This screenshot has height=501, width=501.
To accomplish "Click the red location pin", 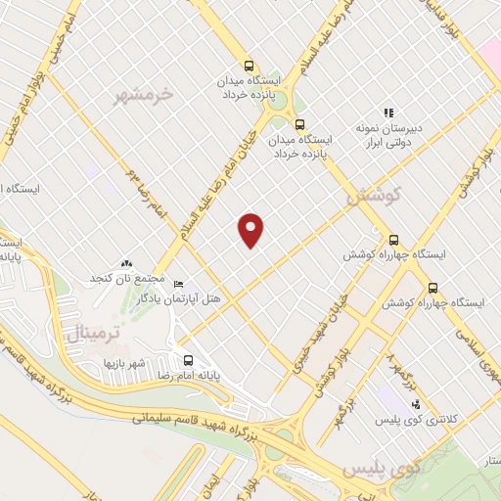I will [251, 229].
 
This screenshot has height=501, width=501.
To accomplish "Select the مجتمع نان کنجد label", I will [125, 279].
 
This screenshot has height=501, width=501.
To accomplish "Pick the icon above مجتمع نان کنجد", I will [125, 263].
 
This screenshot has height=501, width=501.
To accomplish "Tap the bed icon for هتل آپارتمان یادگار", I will [178, 284].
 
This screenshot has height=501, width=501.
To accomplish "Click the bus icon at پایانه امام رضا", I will [189, 359].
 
